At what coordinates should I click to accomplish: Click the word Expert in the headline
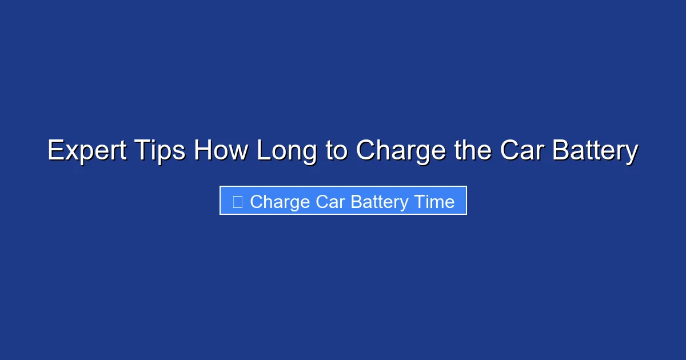pos(86,151)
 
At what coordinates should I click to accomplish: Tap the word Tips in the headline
pos(160,151)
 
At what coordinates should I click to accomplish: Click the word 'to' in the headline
pos(337,151)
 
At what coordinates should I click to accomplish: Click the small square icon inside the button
pos(238,201)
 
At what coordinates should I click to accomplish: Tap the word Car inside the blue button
pos(330,202)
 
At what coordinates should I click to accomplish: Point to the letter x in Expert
pos(69,152)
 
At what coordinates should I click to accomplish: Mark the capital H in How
pos(203,151)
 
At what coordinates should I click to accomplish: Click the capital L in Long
pos(262,151)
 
